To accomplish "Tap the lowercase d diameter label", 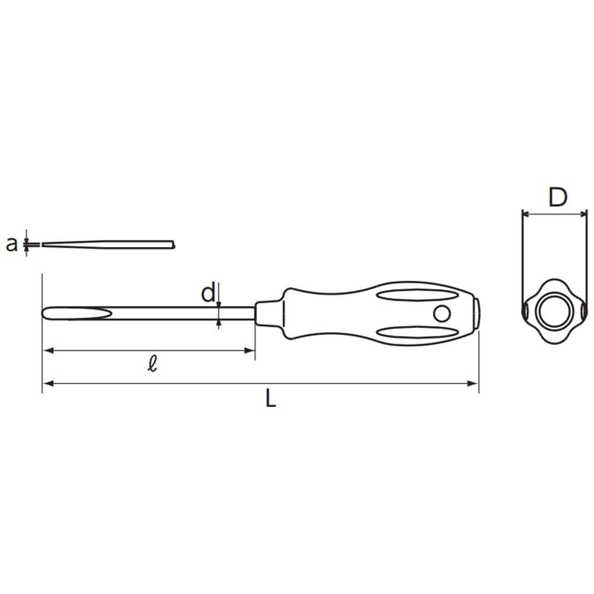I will (208, 293).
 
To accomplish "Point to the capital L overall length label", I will (270, 398).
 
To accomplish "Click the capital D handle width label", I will (557, 197).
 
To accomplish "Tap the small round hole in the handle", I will (441, 313).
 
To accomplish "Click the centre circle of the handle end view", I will (554, 311).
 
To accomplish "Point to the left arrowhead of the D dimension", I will (526, 213).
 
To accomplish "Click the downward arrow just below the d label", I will (219, 303).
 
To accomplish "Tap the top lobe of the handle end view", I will (554, 285).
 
